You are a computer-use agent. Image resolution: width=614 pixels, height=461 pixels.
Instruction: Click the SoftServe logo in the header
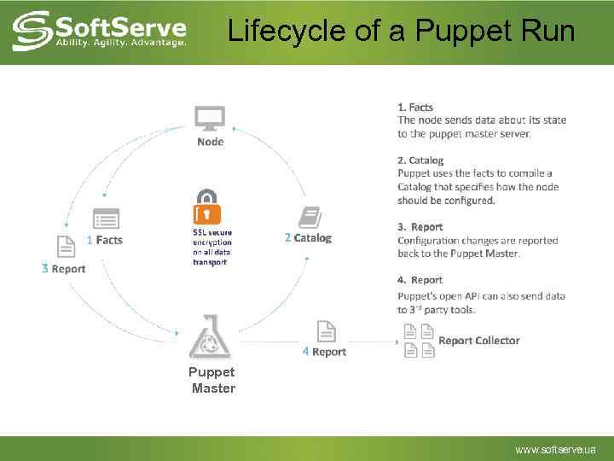point(100,31)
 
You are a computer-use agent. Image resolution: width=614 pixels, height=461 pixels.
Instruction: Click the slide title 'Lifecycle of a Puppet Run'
point(401,32)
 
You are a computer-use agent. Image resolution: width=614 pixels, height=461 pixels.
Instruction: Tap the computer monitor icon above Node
point(210,118)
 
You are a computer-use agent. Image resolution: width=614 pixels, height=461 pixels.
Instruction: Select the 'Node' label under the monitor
point(210,142)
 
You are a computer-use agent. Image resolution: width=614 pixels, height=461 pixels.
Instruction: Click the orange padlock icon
point(207,207)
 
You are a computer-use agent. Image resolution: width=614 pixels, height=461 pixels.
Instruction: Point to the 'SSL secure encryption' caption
point(211,247)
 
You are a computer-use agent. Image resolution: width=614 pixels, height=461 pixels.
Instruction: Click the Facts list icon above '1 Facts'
point(106,219)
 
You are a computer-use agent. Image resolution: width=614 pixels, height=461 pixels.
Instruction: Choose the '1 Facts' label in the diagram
point(105,240)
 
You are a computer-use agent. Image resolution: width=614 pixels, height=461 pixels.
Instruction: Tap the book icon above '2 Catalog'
point(309,217)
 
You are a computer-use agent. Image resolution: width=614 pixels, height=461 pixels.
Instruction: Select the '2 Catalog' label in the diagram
point(308,238)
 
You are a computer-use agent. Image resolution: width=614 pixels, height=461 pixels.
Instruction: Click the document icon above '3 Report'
point(65,246)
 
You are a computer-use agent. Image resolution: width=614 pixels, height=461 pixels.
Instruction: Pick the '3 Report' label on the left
point(63,269)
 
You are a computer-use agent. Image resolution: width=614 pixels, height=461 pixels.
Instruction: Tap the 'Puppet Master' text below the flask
point(212,380)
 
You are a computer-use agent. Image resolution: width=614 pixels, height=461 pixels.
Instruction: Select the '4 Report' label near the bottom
point(324,352)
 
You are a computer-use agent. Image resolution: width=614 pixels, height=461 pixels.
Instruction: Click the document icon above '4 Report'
point(325,330)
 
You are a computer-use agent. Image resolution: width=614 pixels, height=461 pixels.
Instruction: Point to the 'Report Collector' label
point(478,341)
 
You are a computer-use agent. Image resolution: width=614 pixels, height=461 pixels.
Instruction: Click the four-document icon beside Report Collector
point(419,341)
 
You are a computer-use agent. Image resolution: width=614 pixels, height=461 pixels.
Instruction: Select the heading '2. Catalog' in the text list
point(420,160)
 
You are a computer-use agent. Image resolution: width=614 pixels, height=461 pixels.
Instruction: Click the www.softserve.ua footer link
point(555,449)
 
